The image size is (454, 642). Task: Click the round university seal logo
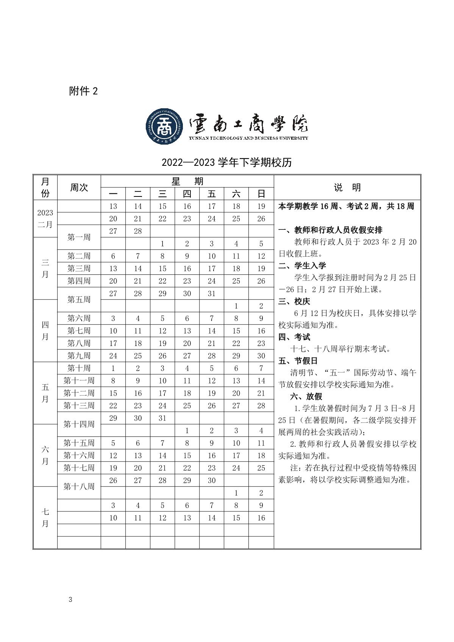tap(165, 127)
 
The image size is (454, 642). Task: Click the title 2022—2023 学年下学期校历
tap(227, 162)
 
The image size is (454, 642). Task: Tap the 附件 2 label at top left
tap(83, 91)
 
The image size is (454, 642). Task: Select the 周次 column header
tap(79, 187)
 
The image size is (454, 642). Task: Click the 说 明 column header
tap(347, 187)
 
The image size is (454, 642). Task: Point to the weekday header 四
tap(187, 194)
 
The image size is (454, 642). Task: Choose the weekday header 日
tap(261, 194)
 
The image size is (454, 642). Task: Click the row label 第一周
tap(79, 237)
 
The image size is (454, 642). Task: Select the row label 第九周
tap(79, 356)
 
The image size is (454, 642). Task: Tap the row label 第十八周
tap(79, 486)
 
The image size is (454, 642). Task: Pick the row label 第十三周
tap(79, 406)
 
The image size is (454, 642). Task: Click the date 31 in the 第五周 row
tap(212, 294)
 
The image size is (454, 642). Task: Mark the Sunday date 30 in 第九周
tap(261, 356)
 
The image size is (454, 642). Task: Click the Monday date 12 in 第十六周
tap(113, 455)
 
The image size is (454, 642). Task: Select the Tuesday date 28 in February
tap(138, 231)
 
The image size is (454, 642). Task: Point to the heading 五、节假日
tap(298, 361)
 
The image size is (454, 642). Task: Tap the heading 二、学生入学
tap(302, 265)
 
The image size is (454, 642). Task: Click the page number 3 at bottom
tap(70, 600)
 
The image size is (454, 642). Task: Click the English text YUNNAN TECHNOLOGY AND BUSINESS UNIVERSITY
tap(248, 138)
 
